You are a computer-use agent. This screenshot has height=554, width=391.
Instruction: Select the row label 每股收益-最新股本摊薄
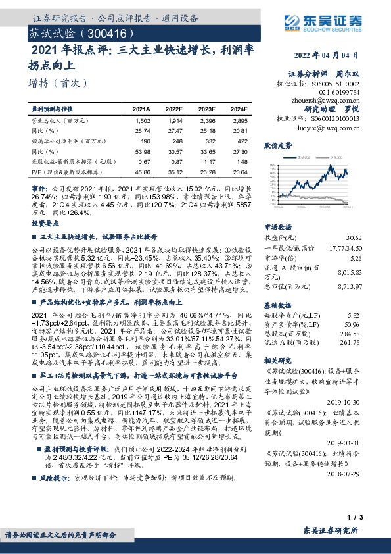coord(70,161)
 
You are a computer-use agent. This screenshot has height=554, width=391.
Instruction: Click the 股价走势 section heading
coord(276,144)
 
